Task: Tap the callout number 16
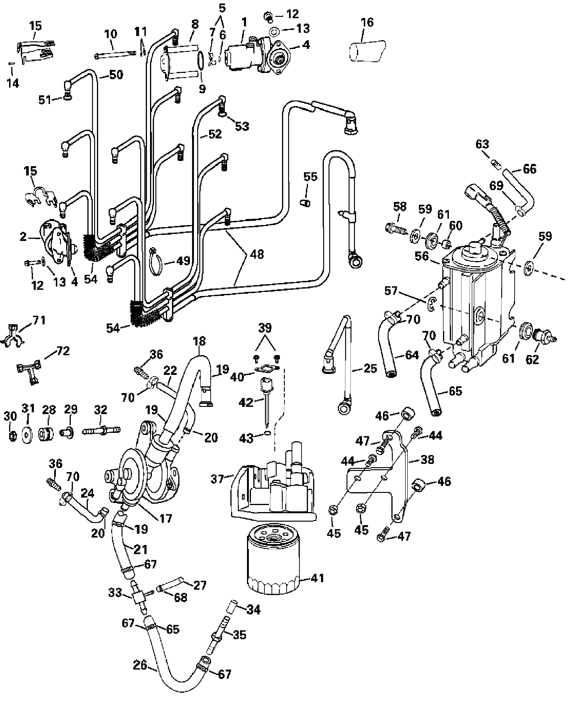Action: [367, 22]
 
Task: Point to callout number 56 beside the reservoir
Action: [422, 256]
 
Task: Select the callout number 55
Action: [310, 177]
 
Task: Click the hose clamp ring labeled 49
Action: [155, 260]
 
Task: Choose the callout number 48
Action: [257, 255]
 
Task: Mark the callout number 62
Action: [532, 359]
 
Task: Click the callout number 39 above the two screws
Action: [265, 328]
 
